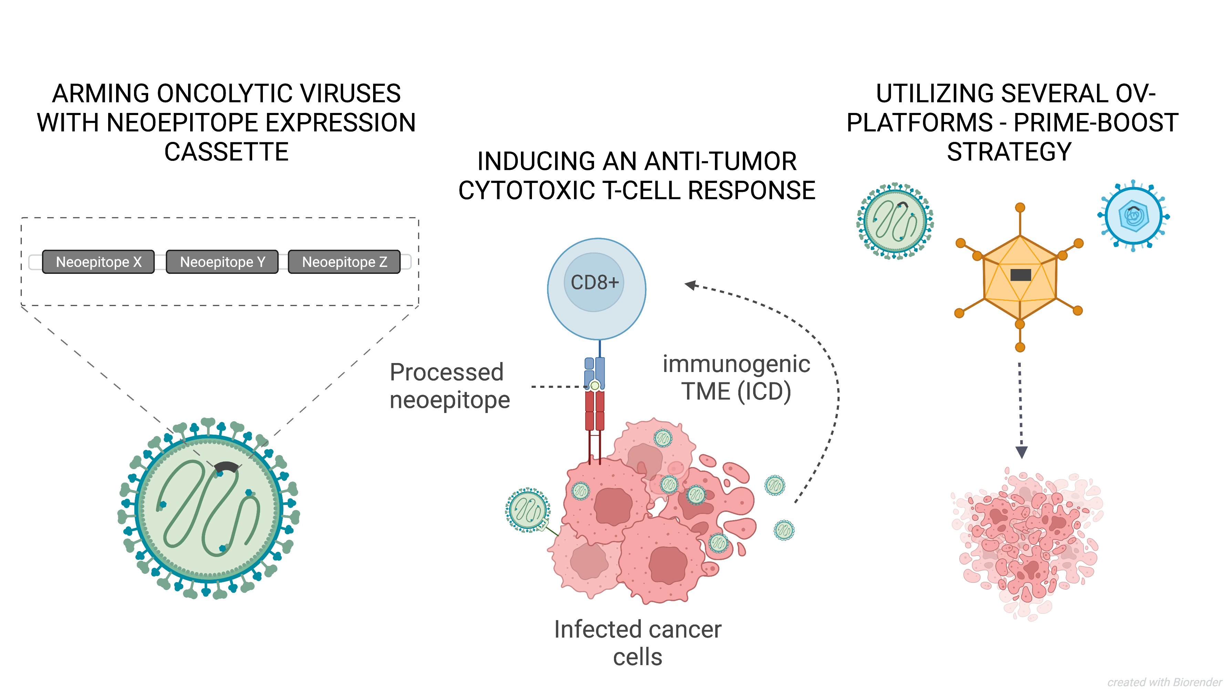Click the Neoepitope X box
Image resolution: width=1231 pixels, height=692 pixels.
point(99,262)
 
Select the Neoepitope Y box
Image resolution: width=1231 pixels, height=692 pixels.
point(222,262)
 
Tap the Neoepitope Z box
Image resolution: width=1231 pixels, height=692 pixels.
point(345,262)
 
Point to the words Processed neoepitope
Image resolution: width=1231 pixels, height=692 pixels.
point(450,386)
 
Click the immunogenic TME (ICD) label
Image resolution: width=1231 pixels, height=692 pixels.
point(736,378)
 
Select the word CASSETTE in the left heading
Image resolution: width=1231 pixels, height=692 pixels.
point(226,152)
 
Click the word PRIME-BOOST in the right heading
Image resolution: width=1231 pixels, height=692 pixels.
point(1096,123)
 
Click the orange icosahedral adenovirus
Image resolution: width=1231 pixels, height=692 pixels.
point(1020,277)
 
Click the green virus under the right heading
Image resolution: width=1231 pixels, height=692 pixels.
point(895,221)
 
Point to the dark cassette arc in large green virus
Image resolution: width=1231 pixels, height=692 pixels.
point(226,467)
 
